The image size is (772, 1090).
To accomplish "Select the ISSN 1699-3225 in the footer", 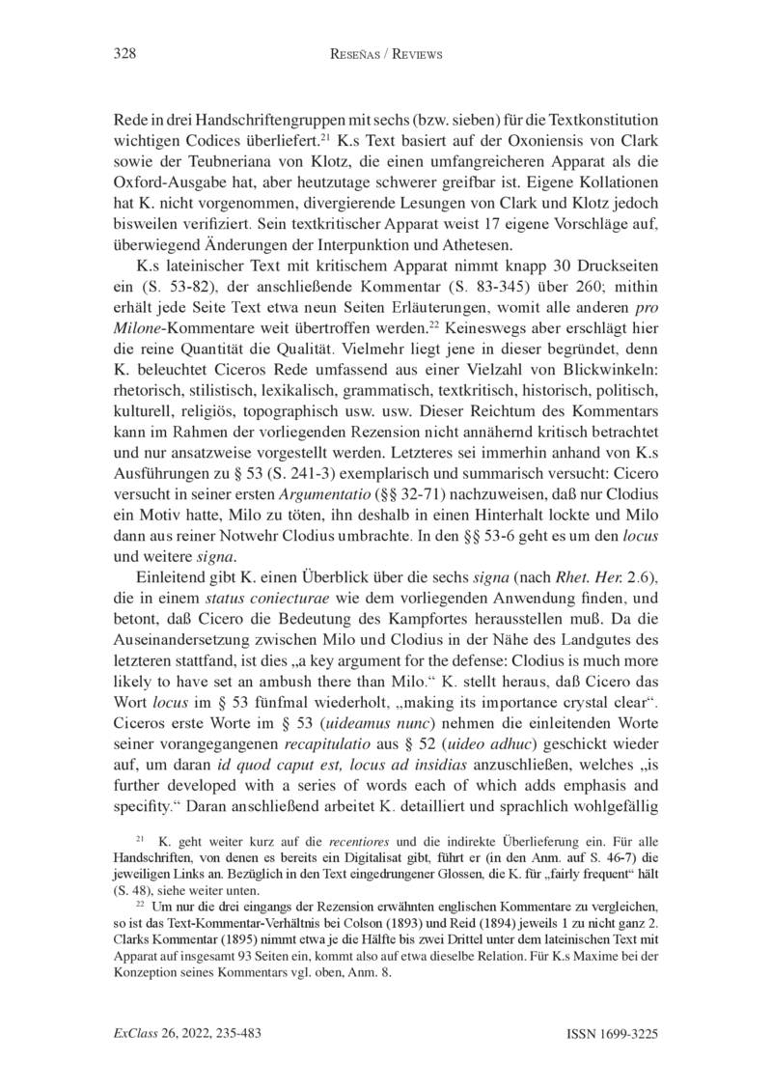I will [613, 1033].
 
